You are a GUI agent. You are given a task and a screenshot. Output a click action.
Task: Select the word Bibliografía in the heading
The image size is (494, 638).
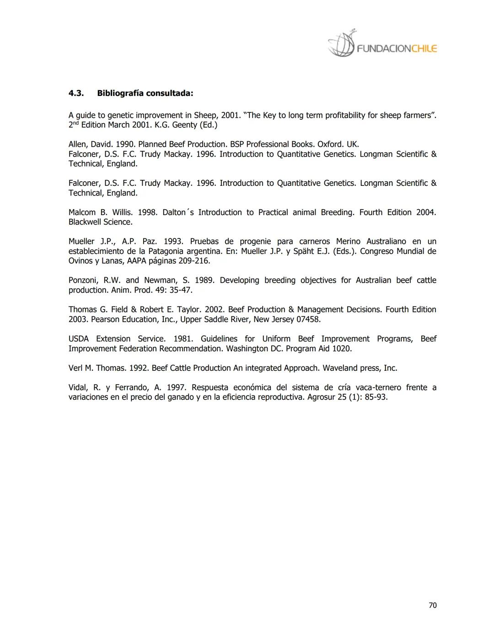coord(120,94)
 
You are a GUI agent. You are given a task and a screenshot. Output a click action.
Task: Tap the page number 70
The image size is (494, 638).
coord(432,605)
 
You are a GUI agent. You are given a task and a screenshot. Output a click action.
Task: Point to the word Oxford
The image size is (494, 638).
coord(330,144)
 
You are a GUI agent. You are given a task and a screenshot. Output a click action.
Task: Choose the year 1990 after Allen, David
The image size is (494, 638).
coord(124,144)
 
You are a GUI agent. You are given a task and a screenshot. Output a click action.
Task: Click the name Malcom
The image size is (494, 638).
coord(82,212)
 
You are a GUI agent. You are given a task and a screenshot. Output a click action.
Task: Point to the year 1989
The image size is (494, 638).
coord(204,280)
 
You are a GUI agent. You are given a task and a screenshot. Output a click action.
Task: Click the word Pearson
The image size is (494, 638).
coord(105,319)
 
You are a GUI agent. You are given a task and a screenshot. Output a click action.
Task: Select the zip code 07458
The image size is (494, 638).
coord(308,319)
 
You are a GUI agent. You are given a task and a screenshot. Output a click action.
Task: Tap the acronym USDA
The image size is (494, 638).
coord(79,339)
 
